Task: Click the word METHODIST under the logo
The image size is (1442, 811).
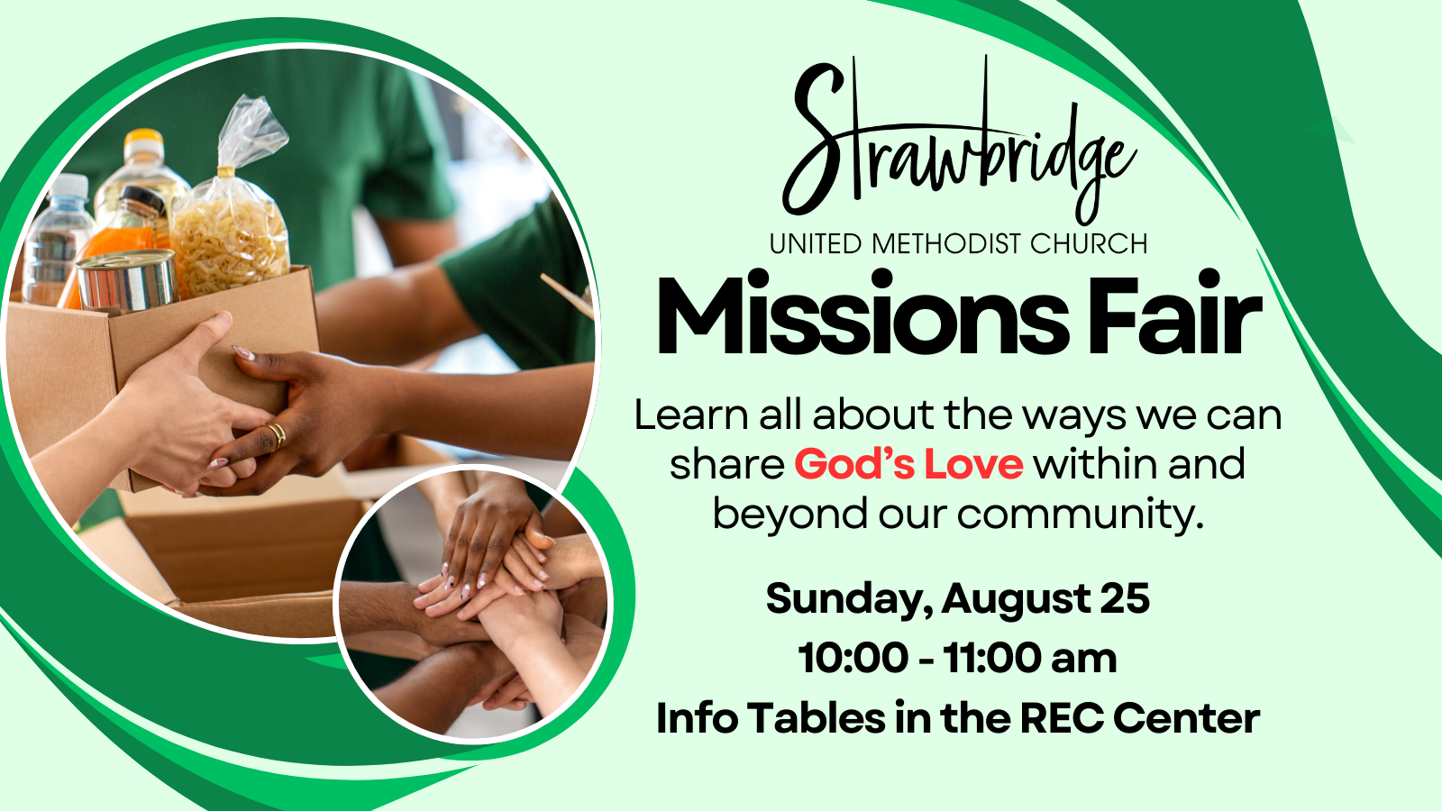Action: point(947,244)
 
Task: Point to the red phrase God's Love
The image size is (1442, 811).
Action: point(908,464)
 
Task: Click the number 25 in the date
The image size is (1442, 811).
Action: point(1125,599)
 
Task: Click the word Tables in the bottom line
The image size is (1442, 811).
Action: point(817,718)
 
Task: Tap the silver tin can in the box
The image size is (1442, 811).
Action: point(127,280)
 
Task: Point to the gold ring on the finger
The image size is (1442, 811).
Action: point(277,434)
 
